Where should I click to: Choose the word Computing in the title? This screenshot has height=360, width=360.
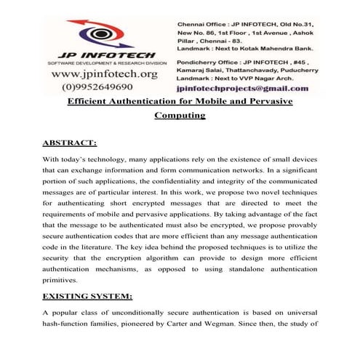(180, 114)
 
